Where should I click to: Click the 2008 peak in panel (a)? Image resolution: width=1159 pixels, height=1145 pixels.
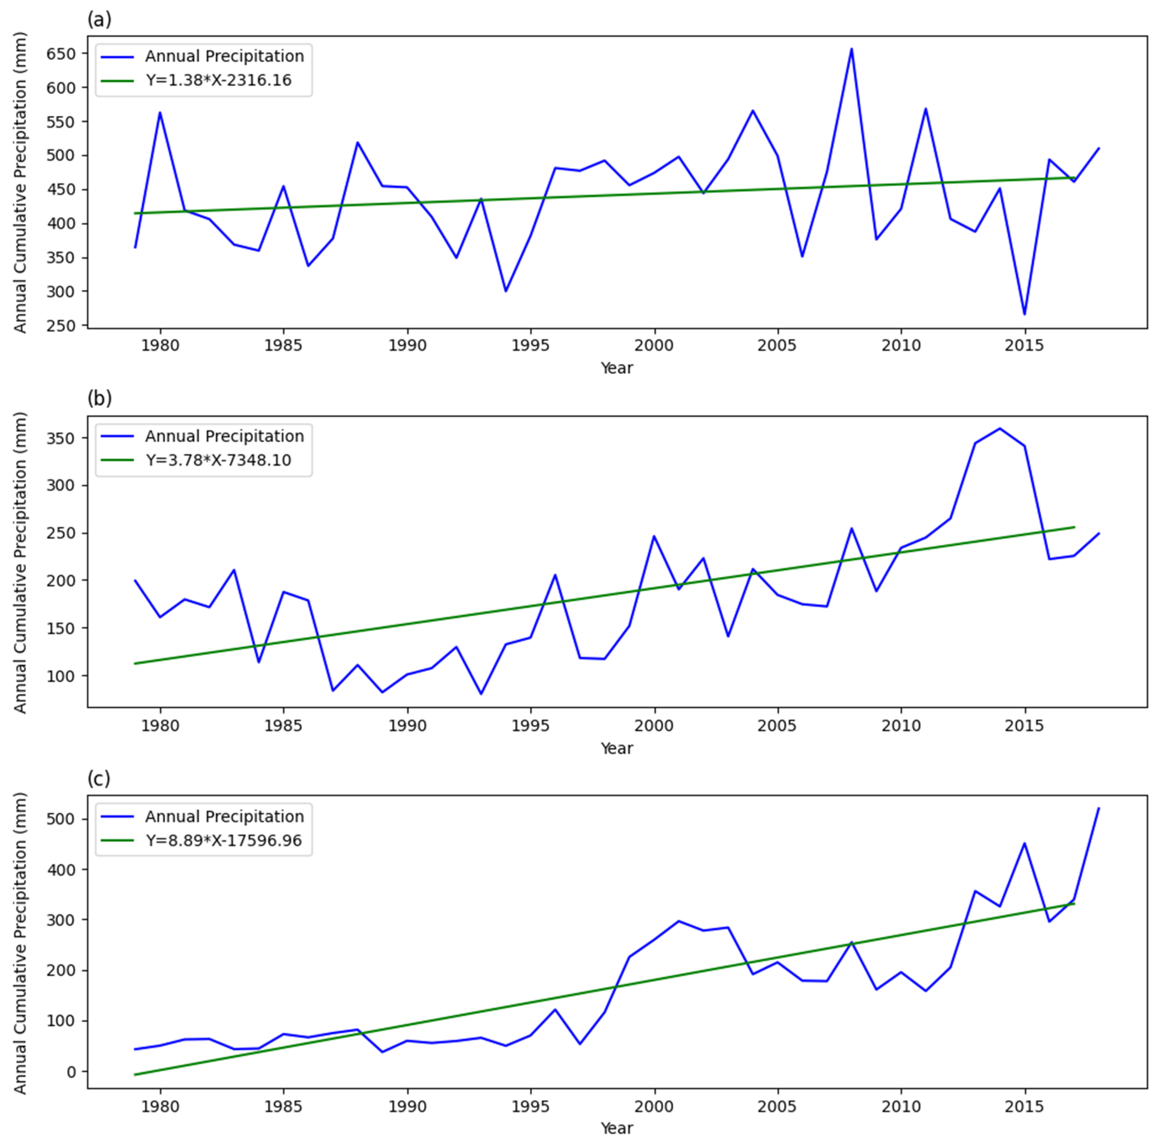click(x=851, y=49)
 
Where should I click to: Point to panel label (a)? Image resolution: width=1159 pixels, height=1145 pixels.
click(x=99, y=20)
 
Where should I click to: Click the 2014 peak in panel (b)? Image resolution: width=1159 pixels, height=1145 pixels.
click(x=999, y=428)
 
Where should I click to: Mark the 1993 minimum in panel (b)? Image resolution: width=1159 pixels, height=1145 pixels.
click(x=481, y=694)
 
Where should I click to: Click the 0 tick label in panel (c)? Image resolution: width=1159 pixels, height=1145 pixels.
click(x=72, y=1071)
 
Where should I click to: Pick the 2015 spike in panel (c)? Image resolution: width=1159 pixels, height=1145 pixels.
click(x=1024, y=843)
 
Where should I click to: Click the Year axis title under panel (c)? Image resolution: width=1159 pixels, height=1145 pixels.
click(x=617, y=1128)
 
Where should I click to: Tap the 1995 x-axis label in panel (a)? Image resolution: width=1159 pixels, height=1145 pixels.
click(x=530, y=346)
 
